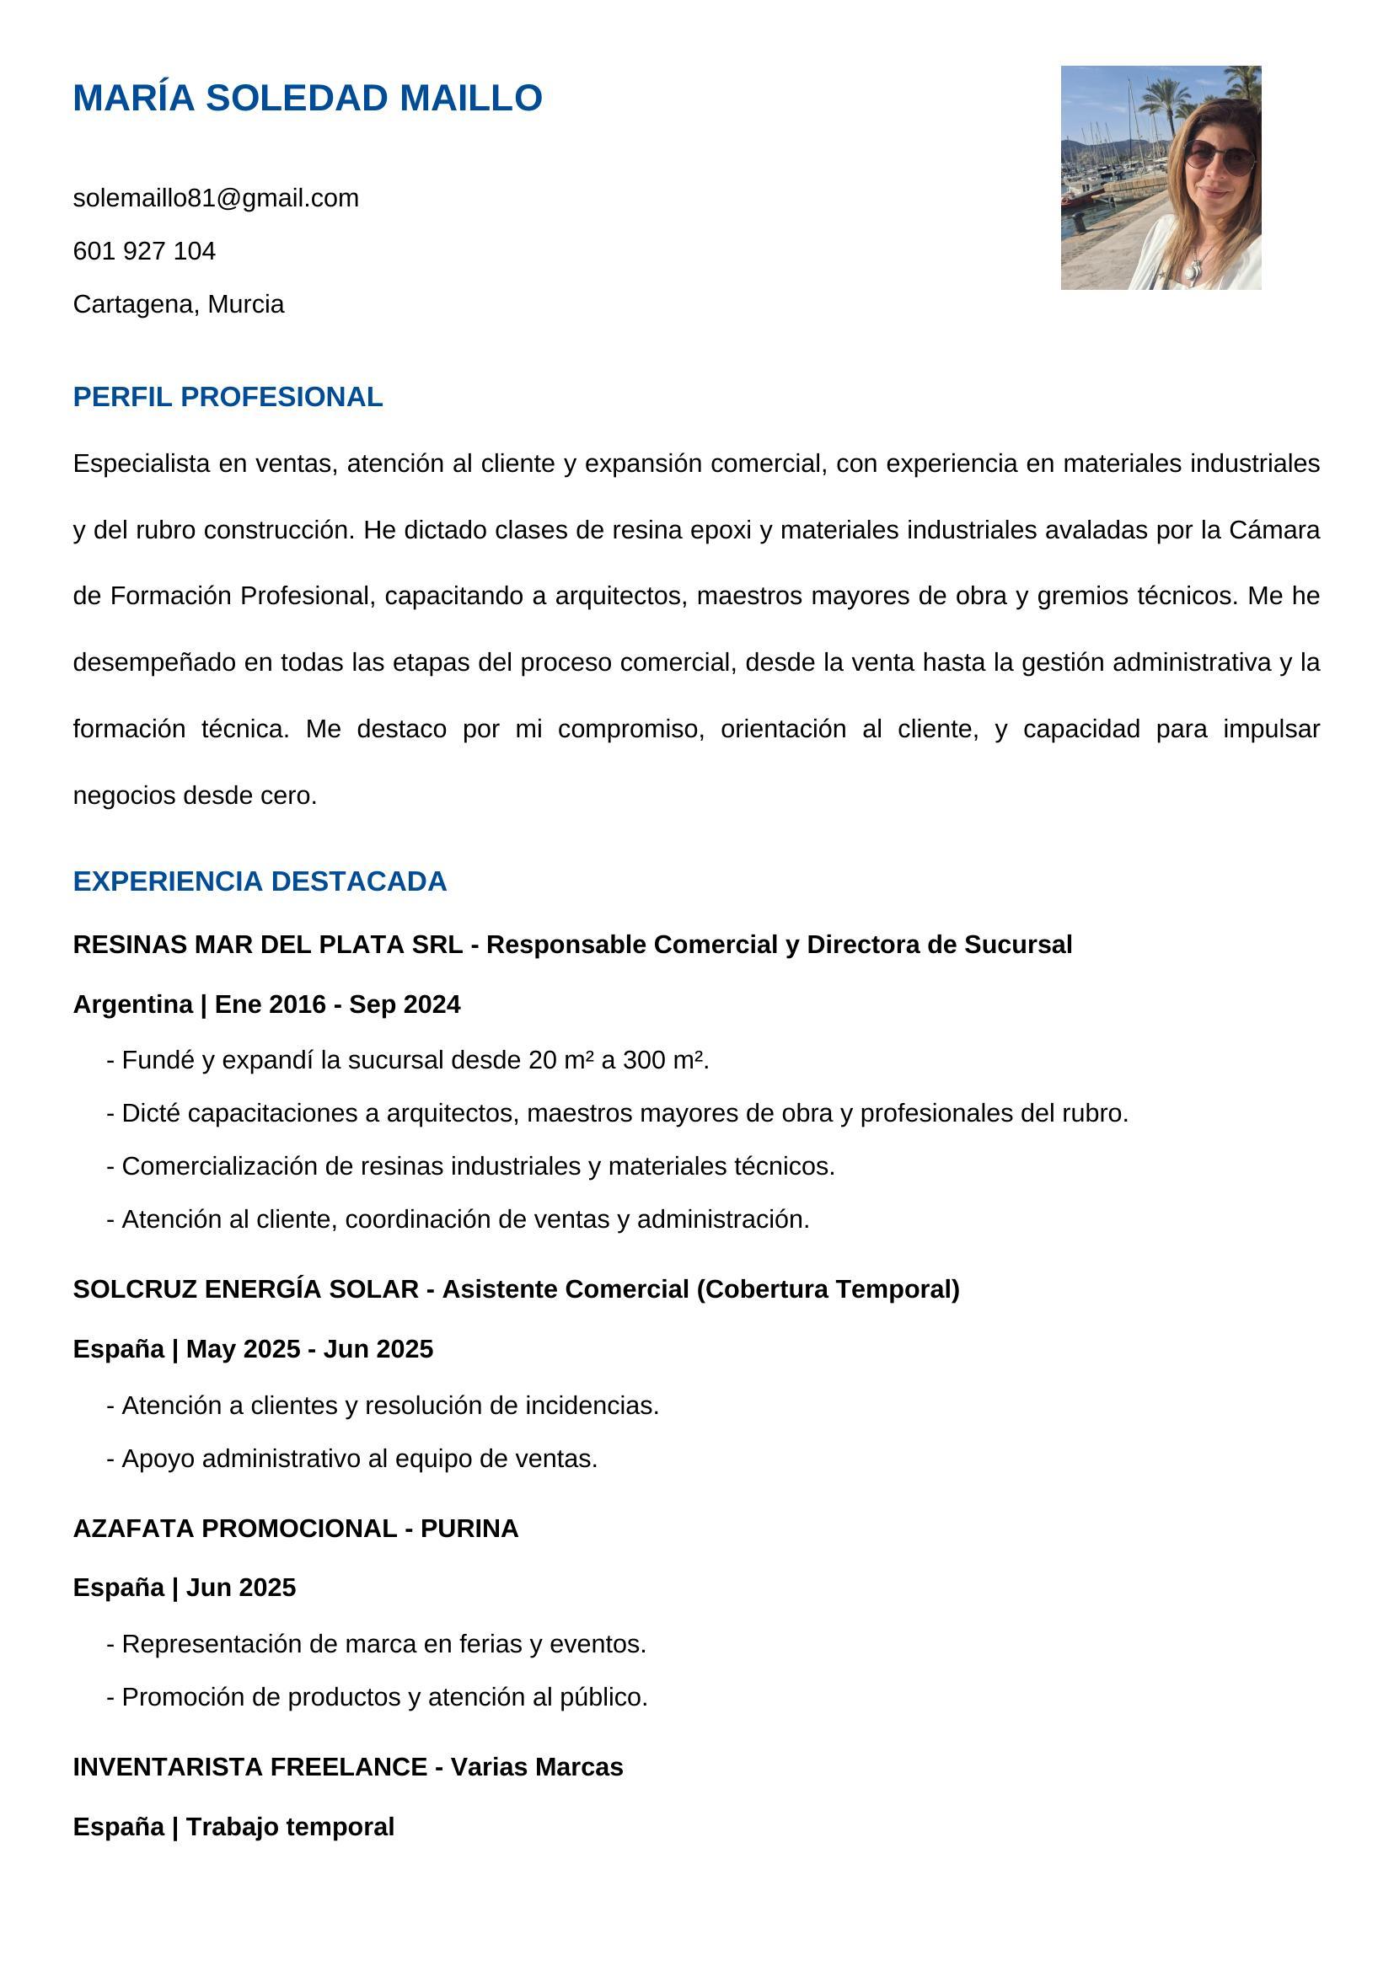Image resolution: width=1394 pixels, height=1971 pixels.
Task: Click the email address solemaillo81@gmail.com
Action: click(x=216, y=198)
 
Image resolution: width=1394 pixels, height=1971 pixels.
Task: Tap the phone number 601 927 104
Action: click(x=144, y=250)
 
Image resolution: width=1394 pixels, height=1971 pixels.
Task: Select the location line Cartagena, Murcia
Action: click(x=179, y=304)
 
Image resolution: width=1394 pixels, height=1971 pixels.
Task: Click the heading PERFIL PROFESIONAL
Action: click(x=228, y=397)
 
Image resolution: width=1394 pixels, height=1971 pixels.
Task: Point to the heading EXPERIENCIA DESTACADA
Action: click(x=260, y=881)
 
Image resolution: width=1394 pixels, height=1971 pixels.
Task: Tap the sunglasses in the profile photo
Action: click(x=1218, y=157)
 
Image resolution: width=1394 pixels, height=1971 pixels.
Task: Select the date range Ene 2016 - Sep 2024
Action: click(x=337, y=1004)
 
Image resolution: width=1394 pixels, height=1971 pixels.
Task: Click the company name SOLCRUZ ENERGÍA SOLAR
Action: click(x=245, y=1288)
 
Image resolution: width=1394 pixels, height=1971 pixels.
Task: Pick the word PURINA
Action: click(x=469, y=1528)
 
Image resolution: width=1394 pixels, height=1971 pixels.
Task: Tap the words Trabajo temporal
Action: click(x=290, y=1826)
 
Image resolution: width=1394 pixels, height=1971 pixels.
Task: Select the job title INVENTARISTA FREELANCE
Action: click(x=249, y=1767)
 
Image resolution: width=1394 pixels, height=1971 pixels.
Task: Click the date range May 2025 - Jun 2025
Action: click(x=310, y=1348)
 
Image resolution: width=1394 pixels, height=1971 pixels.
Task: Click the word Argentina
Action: click(x=132, y=1004)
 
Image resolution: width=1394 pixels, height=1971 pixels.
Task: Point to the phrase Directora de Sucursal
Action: click(x=939, y=945)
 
